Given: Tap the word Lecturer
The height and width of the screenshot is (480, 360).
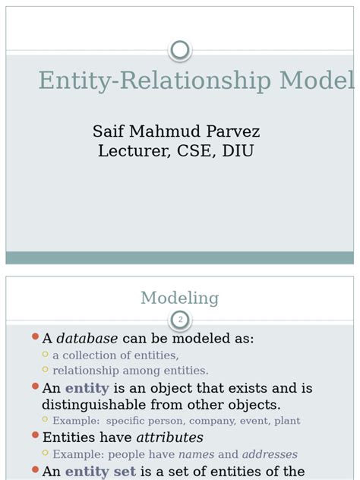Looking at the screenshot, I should click(x=134, y=151).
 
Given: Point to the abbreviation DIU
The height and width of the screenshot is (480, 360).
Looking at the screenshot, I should click(x=237, y=151).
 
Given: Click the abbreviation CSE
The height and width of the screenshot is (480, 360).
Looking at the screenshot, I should click(x=195, y=151).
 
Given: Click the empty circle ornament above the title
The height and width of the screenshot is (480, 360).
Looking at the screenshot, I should click(x=180, y=50).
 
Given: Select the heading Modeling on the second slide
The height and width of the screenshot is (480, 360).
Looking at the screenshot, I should click(x=180, y=298).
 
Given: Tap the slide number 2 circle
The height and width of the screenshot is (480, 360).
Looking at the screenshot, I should click(x=180, y=320).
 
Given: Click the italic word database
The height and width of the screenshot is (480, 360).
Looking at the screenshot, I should click(x=87, y=339).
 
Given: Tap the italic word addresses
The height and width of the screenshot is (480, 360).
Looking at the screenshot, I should click(x=270, y=454).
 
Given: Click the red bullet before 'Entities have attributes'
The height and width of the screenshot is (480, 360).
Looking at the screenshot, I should click(x=35, y=437).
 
